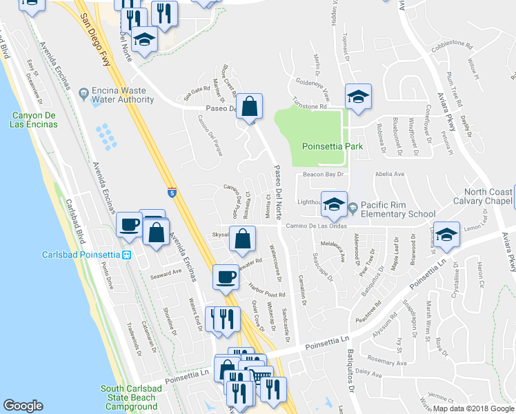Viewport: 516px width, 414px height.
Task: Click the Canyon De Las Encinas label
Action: [34, 120]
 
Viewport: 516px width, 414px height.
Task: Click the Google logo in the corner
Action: [23, 406]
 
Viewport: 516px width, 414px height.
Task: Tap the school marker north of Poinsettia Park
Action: [358, 97]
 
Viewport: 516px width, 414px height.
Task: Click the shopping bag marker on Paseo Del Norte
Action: [250, 107]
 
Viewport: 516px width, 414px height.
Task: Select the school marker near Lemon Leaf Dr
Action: [446, 234]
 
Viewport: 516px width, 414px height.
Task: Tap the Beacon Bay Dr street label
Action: [324, 175]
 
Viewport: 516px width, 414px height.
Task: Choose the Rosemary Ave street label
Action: [386, 360]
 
